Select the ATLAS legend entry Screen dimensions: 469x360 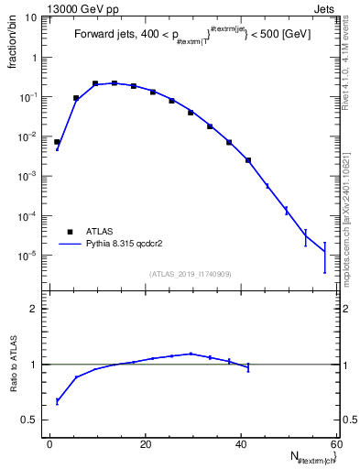pyautogui.click(x=96, y=231)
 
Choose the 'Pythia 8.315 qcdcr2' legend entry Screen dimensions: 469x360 pyautogui.click(x=127, y=245)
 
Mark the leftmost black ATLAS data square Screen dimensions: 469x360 pyautogui.click(x=57, y=142)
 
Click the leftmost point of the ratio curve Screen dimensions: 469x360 pyautogui.click(x=57, y=401)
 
